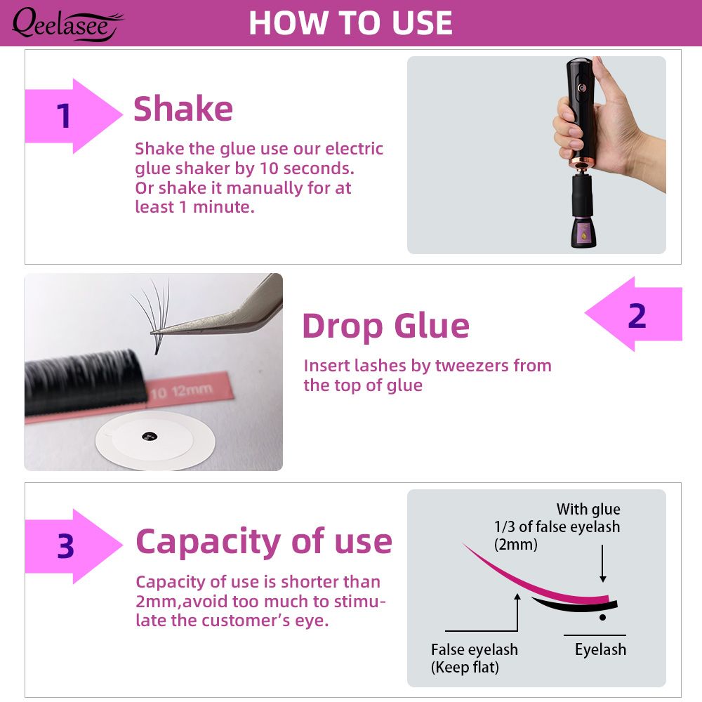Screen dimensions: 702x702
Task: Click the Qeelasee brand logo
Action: [x=67, y=25]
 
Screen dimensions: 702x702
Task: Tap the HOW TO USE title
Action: [x=350, y=23]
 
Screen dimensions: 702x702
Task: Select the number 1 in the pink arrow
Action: [x=64, y=116]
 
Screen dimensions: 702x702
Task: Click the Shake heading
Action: [x=183, y=109]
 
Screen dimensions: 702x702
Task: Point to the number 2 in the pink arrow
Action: [x=637, y=316]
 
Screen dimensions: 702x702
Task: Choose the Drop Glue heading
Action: [x=386, y=326]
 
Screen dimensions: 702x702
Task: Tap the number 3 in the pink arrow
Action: [x=65, y=546]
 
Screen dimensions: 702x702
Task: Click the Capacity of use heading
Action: [x=264, y=542]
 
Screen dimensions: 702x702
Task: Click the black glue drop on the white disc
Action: [x=150, y=436]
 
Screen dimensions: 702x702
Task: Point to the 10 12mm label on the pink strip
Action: [x=181, y=391]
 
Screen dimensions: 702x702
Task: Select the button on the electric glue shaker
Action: [x=581, y=88]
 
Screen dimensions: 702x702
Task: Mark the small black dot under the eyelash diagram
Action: [x=602, y=617]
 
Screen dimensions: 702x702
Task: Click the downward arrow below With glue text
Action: [x=602, y=563]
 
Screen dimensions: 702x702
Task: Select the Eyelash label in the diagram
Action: [x=600, y=649]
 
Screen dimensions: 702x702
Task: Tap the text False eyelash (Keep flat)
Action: [x=474, y=658]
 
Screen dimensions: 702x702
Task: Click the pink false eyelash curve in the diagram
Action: [x=533, y=581]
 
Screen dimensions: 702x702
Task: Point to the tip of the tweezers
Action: [x=152, y=333]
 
